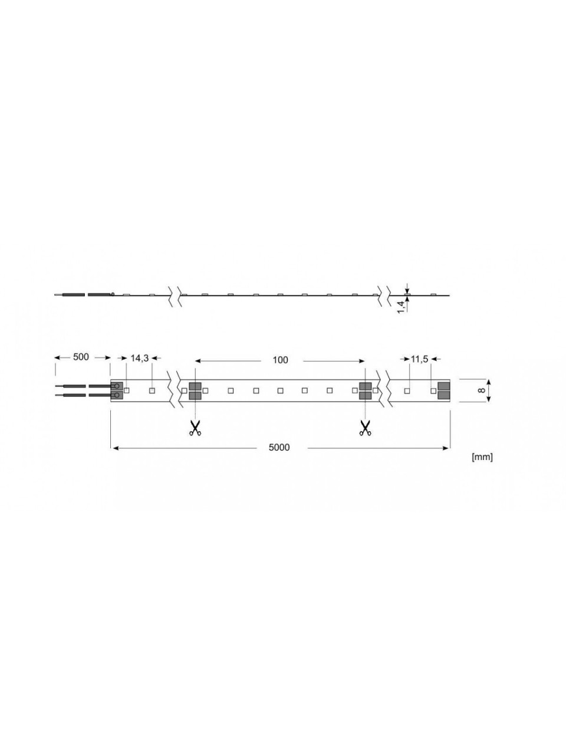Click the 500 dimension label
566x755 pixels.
coord(81,357)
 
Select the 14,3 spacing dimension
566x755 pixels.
coord(140,358)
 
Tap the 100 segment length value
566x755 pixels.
coord(280,360)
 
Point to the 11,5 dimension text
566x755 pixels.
coord(419,359)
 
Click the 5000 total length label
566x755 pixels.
coord(279,448)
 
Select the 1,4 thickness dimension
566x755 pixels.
coord(401,306)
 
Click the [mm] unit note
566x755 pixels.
coord(482,457)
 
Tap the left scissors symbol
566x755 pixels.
coord(195,429)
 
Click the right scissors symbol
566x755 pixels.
coord(365,429)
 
